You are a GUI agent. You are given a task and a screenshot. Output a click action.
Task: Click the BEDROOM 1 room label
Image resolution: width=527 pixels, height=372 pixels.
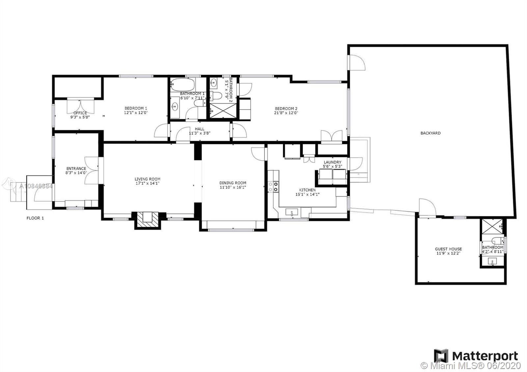coord(136,108)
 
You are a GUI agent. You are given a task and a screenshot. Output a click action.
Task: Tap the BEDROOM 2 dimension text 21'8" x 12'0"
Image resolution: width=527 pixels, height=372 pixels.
coord(286,113)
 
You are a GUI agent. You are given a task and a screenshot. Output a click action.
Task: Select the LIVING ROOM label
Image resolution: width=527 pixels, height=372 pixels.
coord(148,179)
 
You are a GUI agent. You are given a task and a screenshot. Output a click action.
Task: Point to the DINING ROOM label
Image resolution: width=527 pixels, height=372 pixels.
coord(233,183)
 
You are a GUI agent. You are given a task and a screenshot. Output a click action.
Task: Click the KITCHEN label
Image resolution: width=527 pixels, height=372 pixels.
coord(307,190)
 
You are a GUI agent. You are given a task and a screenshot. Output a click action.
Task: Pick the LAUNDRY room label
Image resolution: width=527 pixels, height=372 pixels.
coord(332,162)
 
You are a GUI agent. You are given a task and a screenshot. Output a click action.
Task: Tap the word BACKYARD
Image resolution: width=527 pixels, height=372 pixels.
coord(430,133)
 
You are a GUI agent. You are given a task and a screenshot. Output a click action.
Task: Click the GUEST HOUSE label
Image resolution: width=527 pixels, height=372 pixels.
coord(448,249)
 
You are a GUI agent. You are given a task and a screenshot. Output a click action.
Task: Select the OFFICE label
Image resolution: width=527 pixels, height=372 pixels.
coord(80,113)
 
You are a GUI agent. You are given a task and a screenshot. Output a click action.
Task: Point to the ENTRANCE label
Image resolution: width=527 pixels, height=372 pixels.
coord(76,169)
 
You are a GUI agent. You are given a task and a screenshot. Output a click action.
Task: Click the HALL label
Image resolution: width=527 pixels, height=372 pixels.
coord(200,129)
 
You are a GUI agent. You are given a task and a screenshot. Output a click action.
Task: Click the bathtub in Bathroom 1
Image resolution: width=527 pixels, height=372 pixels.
coord(182,85)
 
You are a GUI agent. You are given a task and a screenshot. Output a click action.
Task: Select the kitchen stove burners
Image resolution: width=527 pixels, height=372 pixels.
coord(273,187)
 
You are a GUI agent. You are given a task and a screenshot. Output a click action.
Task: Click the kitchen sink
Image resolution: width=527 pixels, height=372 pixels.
coord(291,212)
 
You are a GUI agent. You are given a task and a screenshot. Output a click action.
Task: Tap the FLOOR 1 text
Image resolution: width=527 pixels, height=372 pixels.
coord(35,218)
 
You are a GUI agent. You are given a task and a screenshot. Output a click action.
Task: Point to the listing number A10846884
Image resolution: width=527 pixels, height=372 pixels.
coord(36,186)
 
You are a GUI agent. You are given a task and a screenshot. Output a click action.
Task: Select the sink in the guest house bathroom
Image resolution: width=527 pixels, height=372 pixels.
coord(492,261)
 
